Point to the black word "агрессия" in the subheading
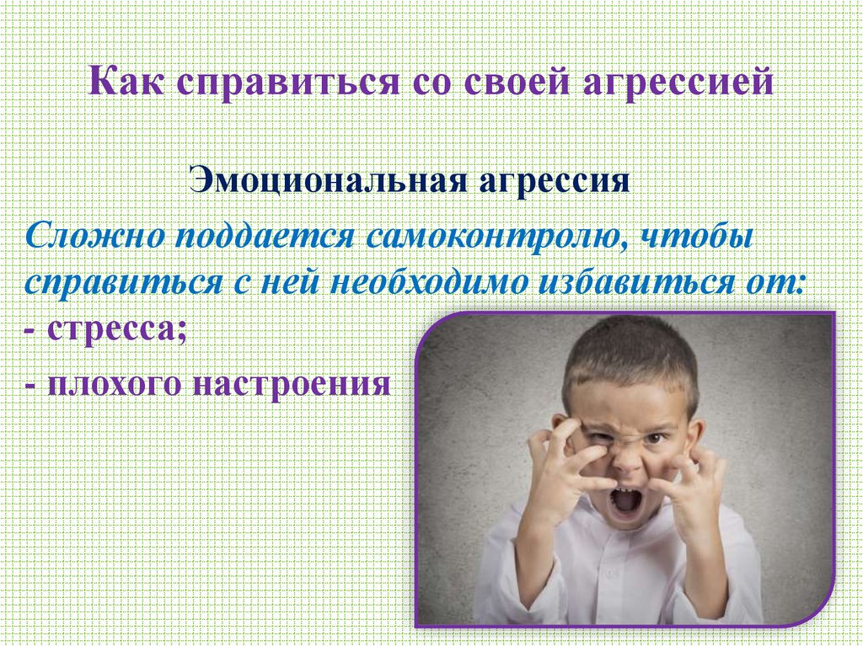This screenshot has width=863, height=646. pos(560,181)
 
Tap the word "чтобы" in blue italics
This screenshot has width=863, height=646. pos(699,235)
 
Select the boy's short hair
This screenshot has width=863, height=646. pos(628,354)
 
